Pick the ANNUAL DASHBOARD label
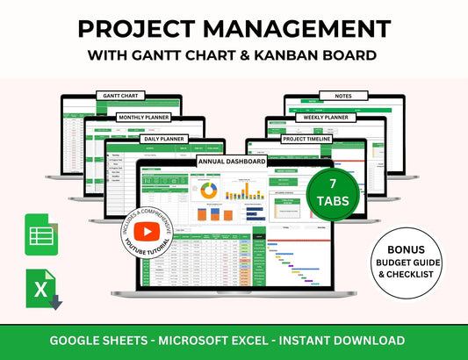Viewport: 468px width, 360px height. point(233,162)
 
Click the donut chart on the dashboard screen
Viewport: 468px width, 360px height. point(209,191)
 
